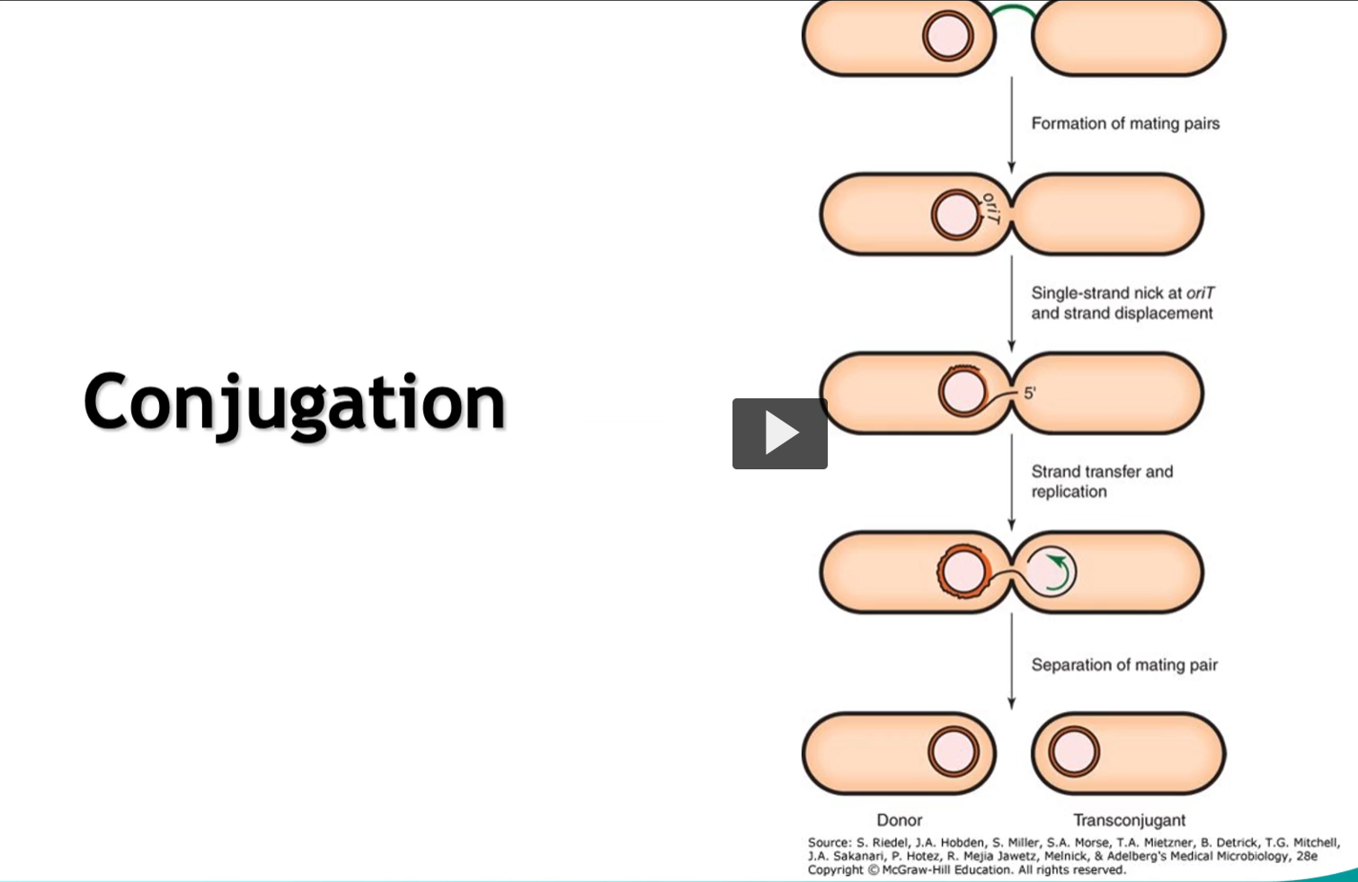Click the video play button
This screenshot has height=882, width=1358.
(779, 433)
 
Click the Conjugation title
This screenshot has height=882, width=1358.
(295, 403)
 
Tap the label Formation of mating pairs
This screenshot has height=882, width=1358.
(1124, 123)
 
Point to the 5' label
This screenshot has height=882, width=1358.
(1030, 393)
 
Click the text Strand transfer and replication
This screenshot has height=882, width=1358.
(1101, 481)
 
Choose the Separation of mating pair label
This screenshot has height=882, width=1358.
(1123, 664)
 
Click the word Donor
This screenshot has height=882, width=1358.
(899, 820)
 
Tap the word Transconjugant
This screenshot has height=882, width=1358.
(1129, 820)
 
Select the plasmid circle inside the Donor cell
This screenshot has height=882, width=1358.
(953, 753)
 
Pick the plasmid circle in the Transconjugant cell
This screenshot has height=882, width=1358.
(1073, 753)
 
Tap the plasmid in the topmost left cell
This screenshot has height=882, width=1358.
(947, 37)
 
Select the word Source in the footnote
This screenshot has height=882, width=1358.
(828, 843)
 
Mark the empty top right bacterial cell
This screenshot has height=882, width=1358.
(1128, 38)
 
